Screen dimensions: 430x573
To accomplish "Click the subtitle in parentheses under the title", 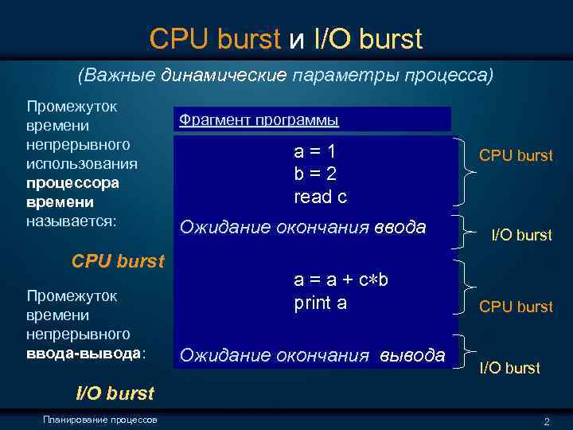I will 286,77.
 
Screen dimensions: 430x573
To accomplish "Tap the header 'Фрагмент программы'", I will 259,120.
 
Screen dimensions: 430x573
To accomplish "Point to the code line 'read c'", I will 321,196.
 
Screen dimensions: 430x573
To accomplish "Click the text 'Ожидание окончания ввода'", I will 302,228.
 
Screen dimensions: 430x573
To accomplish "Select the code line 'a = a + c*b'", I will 341,280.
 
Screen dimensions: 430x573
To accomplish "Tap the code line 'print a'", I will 321,303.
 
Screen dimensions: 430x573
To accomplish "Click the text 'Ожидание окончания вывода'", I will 313,355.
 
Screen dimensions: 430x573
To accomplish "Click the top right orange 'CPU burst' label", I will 516,156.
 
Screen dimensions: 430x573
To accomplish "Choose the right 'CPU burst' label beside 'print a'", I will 516,307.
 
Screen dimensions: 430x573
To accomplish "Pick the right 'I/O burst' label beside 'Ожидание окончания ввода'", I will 521,235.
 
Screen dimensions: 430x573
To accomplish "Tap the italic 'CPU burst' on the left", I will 118,260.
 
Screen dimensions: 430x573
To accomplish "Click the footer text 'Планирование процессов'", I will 101,420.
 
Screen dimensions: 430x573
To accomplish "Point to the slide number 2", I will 546,420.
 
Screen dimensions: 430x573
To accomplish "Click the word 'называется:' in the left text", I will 72,221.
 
